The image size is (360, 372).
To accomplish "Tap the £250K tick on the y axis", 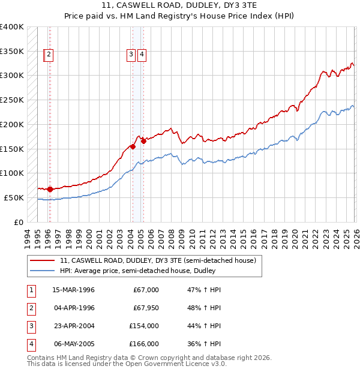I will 12,100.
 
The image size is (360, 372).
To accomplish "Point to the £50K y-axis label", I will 14,197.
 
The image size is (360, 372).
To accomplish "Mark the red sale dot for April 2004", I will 133,146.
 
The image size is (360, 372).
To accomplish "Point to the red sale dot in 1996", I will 50,189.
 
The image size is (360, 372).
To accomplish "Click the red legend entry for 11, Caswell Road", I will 158,260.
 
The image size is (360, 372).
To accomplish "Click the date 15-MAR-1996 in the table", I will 74,290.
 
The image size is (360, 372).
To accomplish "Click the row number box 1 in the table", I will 31,290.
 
